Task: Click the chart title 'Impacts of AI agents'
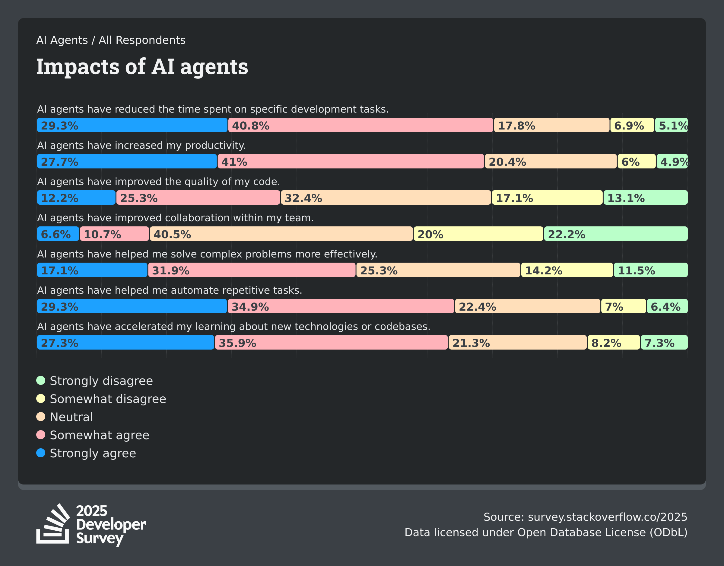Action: coord(142,67)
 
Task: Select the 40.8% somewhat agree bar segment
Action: coord(361,125)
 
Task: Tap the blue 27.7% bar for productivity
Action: coord(127,161)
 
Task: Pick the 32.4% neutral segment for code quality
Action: coord(386,197)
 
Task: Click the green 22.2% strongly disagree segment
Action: coord(616,234)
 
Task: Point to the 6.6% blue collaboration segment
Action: coord(58,234)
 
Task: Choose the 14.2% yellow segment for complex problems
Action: coord(567,270)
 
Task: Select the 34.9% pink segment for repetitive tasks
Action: coord(341,306)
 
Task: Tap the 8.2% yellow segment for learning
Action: coord(614,342)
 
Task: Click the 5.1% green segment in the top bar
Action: coord(671,125)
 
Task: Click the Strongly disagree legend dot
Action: coord(41,380)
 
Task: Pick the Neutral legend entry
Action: coord(71,417)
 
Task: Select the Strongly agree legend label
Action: coord(93,453)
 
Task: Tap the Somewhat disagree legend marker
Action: coord(41,398)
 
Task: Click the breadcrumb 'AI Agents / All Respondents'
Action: coord(111,40)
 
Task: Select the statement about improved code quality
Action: coord(158,181)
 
